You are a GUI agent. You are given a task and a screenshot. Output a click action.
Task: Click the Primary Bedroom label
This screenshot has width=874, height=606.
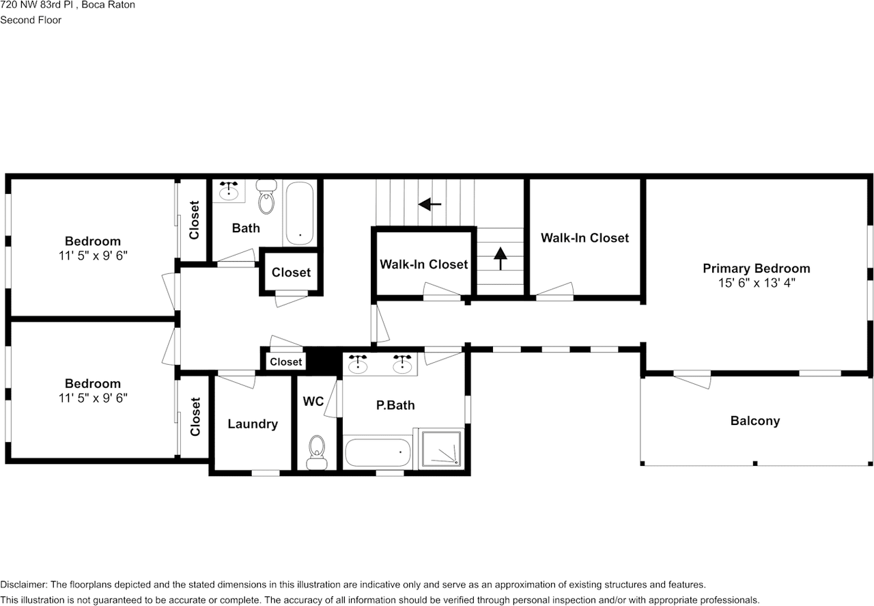tap(756, 268)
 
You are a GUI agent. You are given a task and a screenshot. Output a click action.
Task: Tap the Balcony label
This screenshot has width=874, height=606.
tap(755, 421)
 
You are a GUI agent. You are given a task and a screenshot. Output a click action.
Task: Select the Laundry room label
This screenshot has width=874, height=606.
tap(253, 424)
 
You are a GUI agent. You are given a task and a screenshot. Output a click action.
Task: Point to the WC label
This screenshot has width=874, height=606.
tap(313, 401)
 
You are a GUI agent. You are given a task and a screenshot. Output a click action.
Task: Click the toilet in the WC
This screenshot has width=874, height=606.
tap(317, 452)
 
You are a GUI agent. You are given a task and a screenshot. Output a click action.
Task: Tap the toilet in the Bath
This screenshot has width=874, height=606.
tap(266, 197)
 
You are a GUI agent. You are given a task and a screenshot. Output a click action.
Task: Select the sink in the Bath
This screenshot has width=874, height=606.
tap(229, 191)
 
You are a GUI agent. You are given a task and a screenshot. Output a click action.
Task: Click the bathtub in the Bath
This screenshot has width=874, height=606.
tap(300, 213)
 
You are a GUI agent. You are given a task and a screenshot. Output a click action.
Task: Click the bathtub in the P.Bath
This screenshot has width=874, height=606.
tap(378, 452)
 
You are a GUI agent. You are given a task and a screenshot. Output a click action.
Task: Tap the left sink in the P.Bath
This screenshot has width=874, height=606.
tap(357, 364)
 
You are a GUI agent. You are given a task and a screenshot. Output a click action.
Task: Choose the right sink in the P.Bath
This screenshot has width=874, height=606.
tap(402, 364)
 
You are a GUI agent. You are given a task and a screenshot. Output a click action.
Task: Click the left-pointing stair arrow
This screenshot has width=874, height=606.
tap(429, 204)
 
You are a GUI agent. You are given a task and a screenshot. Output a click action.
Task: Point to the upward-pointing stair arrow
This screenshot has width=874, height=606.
tap(501, 258)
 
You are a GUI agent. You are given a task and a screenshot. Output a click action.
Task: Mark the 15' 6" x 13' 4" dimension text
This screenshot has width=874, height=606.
tap(757, 283)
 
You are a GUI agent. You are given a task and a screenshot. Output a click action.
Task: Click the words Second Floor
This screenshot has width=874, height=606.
tap(31, 20)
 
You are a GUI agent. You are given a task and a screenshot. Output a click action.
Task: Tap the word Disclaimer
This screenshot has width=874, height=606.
tap(24, 585)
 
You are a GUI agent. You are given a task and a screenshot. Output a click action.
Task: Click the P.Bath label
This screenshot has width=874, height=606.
tap(395, 405)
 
